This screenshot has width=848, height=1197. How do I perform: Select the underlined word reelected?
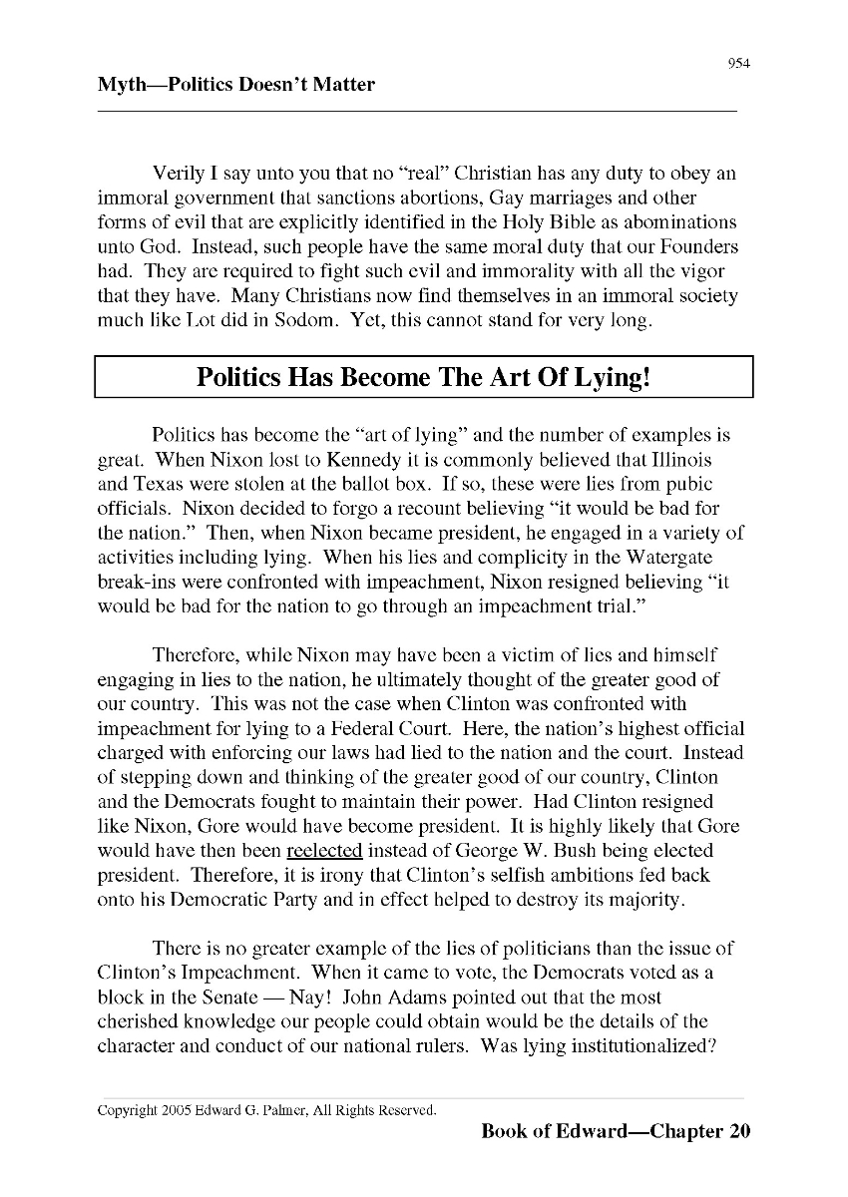pos(324,851)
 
